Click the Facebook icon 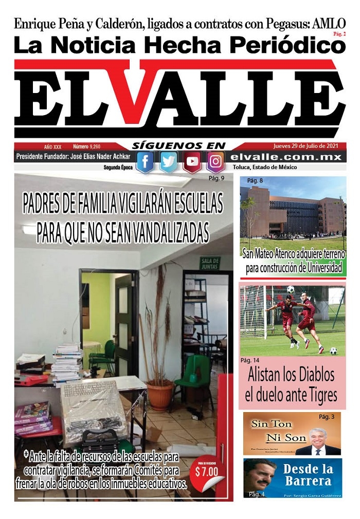(145, 162)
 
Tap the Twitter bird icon (168, 162)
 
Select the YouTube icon (192, 162)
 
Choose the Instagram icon (215, 162)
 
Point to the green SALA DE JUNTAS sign (210, 263)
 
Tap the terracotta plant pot (160, 396)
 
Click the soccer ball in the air (291, 289)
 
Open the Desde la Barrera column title (307, 475)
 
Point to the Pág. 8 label (255, 181)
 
